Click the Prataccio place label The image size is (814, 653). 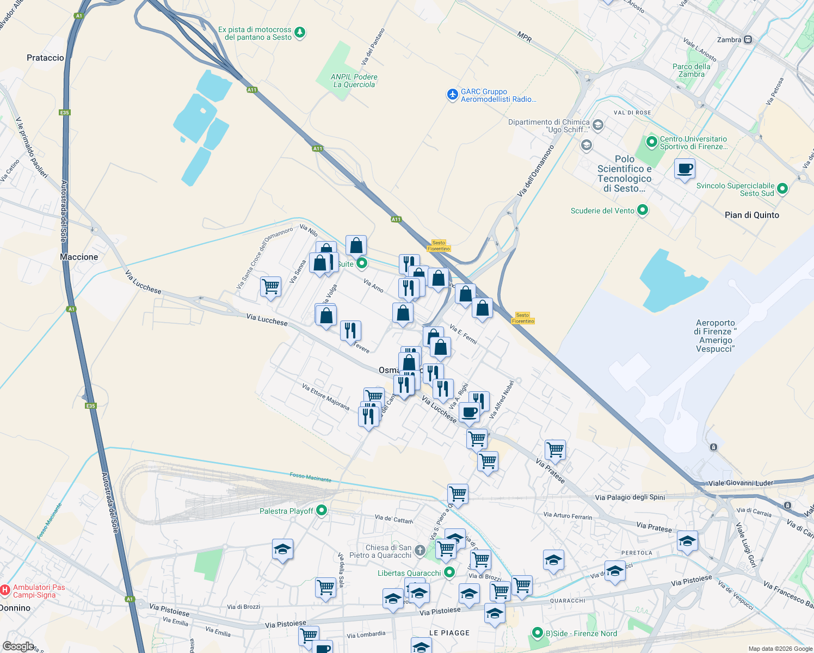(x=45, y=58)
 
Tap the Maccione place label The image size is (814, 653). (x=79, y=257)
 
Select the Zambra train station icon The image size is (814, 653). (x=748, y=40)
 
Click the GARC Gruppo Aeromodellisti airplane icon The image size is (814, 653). (x=452, y=95)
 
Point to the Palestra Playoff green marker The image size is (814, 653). (x=322, y=510)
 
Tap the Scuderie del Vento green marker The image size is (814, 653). (x=643, y=210)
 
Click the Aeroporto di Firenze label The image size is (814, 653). (x=716, y=336)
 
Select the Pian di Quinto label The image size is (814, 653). (x=751, y=215)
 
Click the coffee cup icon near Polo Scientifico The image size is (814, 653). (x=684, y=168)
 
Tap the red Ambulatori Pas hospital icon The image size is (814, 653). (x=5, y=590)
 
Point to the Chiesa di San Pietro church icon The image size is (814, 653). (x=420, y=551)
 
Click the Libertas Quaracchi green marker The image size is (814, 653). (x=449, y=572)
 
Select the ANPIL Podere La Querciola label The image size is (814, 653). (x=354, y=81)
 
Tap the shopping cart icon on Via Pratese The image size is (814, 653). (x=555, y=449)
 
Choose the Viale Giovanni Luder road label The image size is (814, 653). (x=741, y=483)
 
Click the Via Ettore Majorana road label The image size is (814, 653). (x=326, y=396)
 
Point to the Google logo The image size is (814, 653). (x=18, y=646)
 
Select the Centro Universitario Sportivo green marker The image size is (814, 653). (x=652, y=142)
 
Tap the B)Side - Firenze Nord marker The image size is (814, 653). (x=538, y=633)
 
